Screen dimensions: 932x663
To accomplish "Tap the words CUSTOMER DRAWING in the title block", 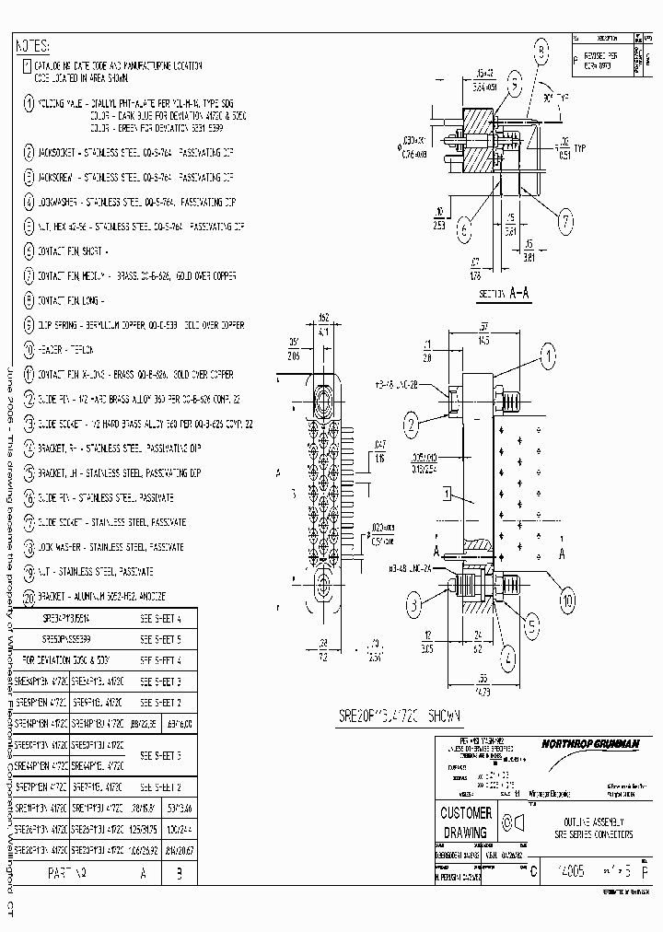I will coord(466,821).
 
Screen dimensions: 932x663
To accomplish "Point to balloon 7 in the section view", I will coord(565,220).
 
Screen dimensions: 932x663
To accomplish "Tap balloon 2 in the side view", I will coord(412,424).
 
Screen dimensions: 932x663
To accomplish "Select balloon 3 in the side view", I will coord(415,604).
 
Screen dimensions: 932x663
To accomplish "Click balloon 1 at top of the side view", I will coord(549,353).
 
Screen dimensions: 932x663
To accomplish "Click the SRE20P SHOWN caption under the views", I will coord(388,715).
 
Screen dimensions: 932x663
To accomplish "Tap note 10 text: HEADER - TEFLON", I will coord(65,351).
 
